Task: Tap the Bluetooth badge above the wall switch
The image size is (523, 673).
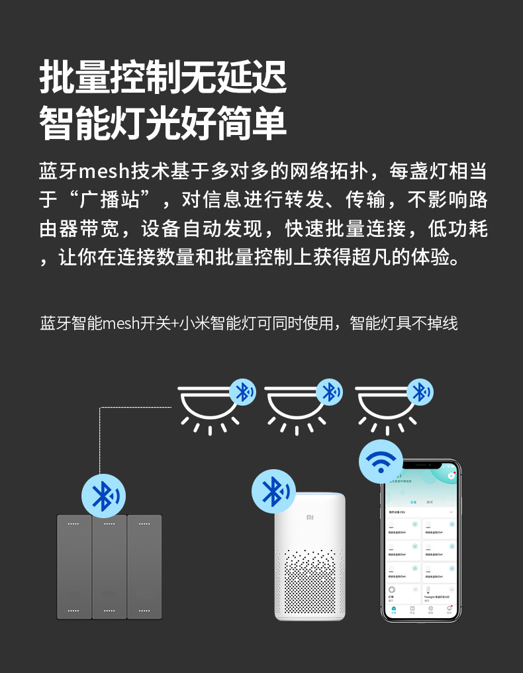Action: coord(103,496)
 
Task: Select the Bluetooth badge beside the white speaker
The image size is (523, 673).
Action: coord(273,491)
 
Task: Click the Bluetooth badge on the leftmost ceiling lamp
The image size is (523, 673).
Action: coord(243,392)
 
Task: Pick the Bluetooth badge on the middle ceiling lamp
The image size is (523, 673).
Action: coord(329,392)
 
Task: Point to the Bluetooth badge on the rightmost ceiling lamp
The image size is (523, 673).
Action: coord(419,392)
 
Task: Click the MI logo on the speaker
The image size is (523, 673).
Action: coord(310,517)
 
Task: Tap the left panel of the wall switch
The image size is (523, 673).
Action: coord(73,566)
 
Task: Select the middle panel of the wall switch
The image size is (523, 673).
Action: coord(109,566)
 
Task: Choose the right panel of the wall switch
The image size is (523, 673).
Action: coord(144,566)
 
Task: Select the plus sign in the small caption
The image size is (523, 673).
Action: coord(174,324)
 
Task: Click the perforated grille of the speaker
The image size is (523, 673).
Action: coord(310,579)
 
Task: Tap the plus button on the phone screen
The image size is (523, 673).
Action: coord(451,475)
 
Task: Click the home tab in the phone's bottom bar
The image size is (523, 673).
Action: coord(394,609)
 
